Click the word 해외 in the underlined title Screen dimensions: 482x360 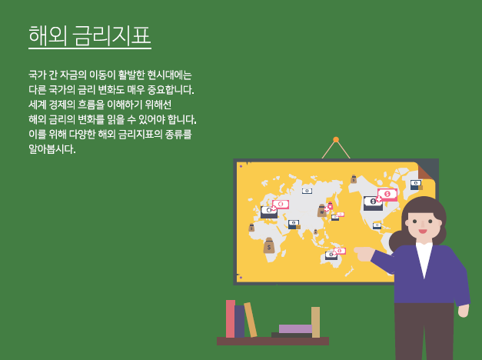48,35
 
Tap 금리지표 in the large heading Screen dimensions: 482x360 112,35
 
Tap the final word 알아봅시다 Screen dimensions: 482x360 52,149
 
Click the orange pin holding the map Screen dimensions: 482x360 336,140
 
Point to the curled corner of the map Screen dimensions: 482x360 426,172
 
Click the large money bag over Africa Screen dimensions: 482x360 269,245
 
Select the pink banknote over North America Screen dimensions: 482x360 387,194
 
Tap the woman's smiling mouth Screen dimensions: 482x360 423,231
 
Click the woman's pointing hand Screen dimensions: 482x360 364,254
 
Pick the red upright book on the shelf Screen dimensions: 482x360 231,318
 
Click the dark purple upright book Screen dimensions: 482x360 240,322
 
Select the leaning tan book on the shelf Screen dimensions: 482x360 251,320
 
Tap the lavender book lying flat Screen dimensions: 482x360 295,328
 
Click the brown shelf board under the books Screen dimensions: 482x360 273,341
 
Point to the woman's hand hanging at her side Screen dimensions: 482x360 464,311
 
